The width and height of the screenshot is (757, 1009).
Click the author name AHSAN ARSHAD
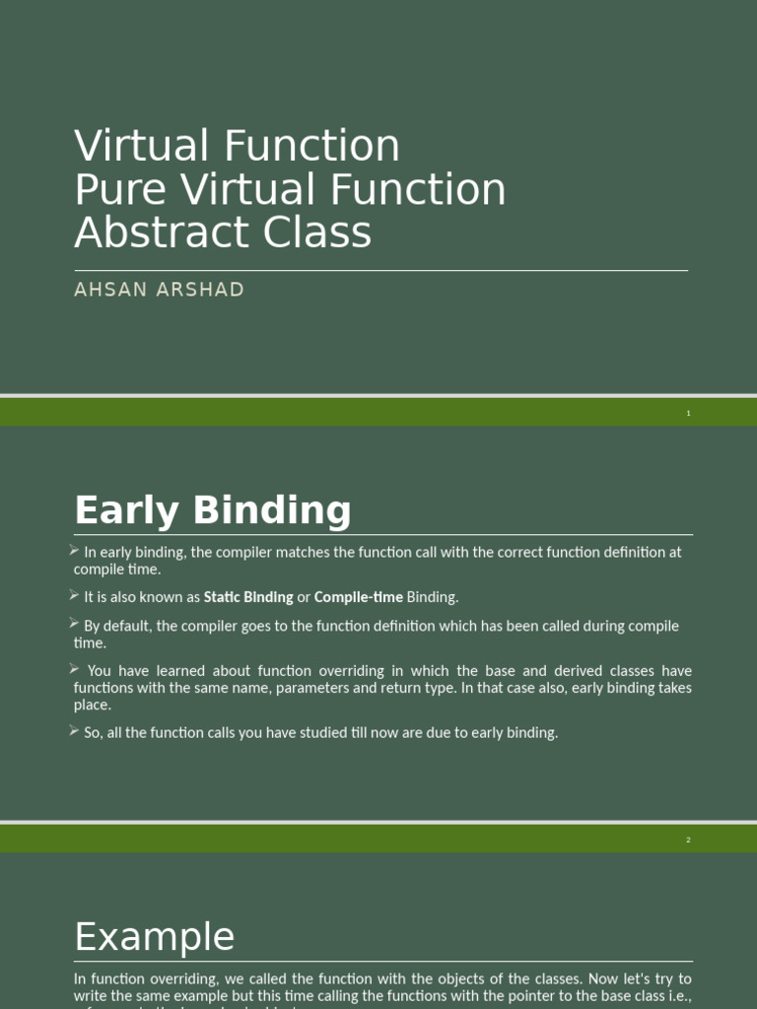click(x=159, y=290)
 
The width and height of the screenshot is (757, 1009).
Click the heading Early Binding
click(x=213, y=510)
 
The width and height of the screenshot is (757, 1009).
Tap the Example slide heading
click(x=155, y=936)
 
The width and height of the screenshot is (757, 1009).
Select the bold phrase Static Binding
click(x=248, y=597)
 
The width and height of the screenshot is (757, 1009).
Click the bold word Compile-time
click(x=359, y=597)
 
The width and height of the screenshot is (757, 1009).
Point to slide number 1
click(x=689, y=413)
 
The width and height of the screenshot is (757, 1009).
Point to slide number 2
click(x=689, y=840)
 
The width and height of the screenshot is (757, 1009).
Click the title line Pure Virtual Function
click(x=290, y=189)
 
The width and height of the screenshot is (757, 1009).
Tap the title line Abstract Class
click(x=223, y=233)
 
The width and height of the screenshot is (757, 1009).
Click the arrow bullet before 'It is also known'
click(x=75, y=595)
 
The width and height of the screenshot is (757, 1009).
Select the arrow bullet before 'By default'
click(x=75, y=624)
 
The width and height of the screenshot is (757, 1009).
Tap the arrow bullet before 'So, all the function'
click(x=75, y=730)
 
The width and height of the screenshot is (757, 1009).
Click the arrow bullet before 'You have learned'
click(x=75, y=669)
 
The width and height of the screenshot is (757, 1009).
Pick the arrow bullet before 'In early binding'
click(x=75, y=550)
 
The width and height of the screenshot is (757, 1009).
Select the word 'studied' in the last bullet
click(x=353, y=733)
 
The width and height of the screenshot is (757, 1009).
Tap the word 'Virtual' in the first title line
click(x=142, y=146)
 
